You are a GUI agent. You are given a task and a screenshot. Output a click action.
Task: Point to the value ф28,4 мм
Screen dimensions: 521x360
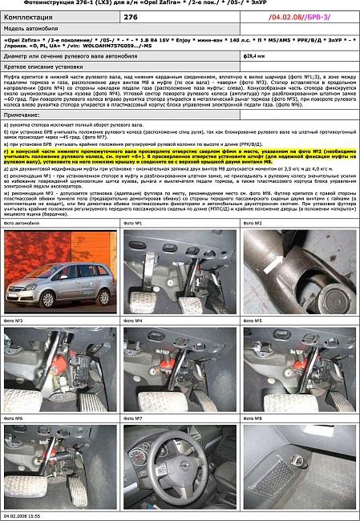tap(253, 58)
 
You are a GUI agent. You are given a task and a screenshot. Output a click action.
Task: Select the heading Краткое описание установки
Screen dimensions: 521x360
tap(40, 67)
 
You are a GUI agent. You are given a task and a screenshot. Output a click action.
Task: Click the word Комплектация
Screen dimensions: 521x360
tap(28, 16)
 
